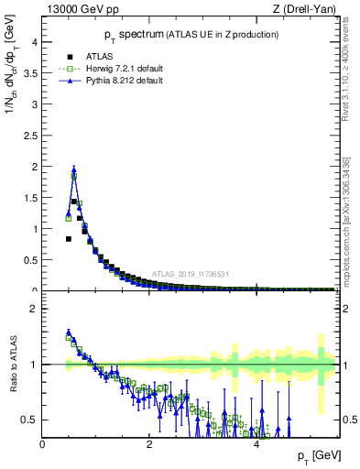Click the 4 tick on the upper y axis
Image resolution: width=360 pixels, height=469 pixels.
click(33, 42)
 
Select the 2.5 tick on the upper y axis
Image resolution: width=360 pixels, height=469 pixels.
click(30, 136)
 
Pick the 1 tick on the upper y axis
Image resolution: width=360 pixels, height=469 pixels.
click(33, 229)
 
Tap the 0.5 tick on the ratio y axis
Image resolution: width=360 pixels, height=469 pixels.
click(30, 420)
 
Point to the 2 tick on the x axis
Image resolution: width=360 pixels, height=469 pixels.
click(149, 444)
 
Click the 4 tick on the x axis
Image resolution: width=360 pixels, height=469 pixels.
click(256, 444)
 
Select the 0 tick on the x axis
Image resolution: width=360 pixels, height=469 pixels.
click(43, 444)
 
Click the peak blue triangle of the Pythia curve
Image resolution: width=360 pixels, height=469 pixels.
click(74, 169)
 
